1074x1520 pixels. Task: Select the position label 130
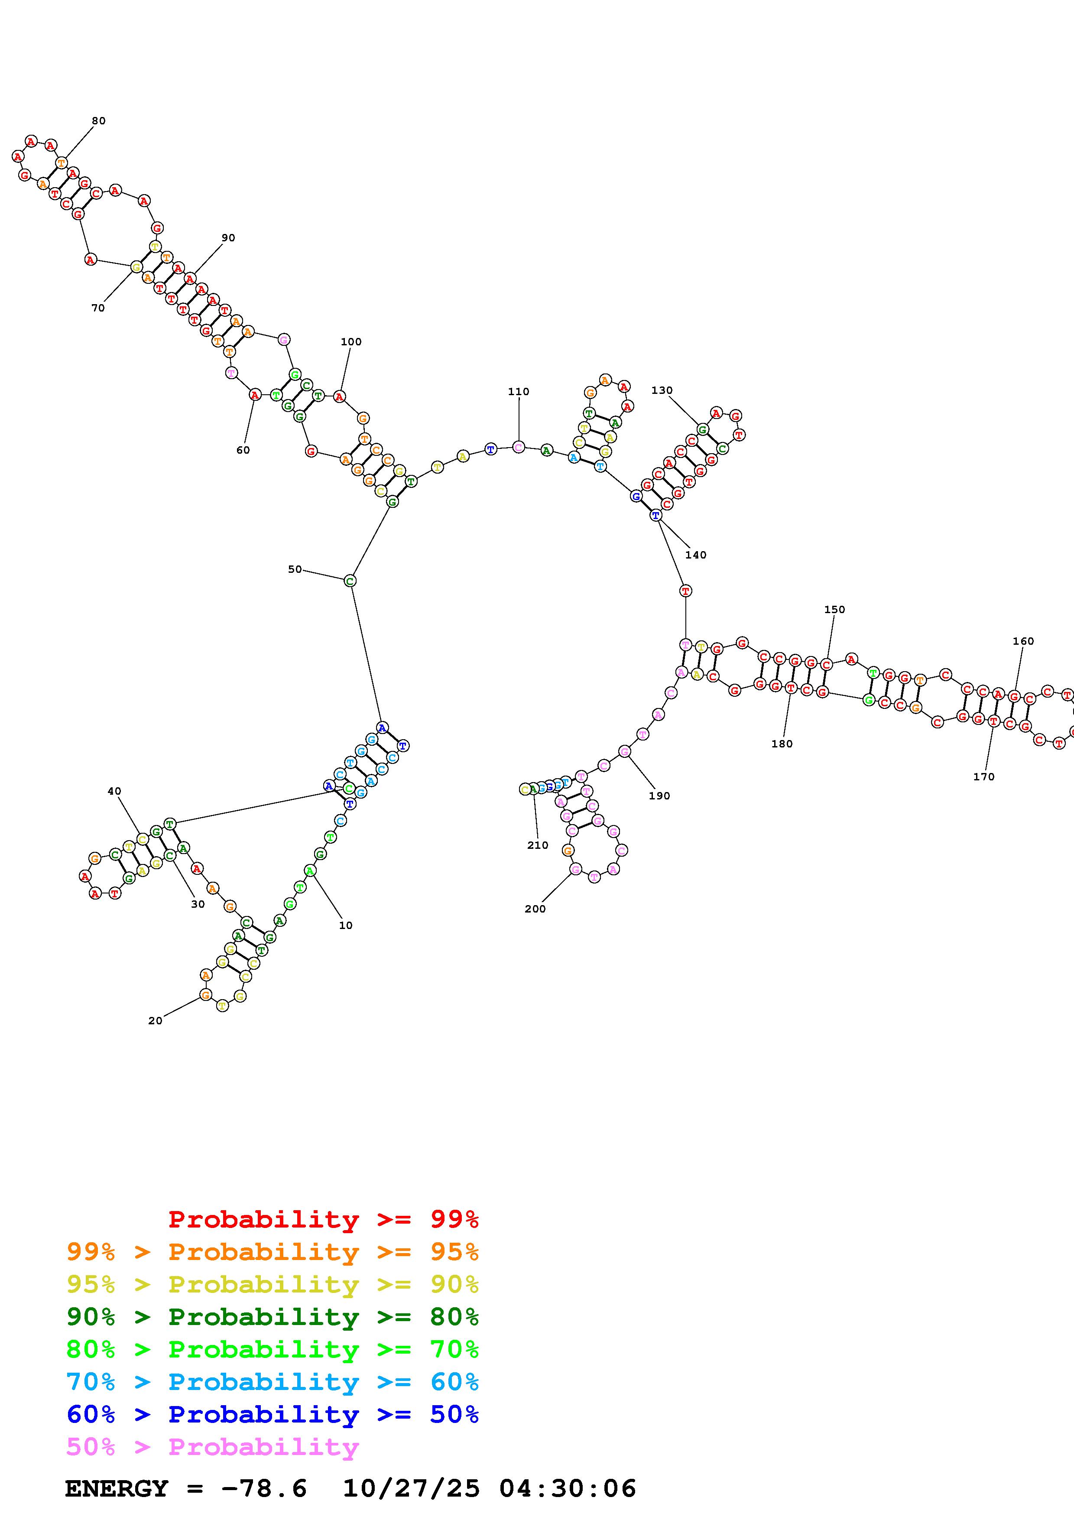point(662,390)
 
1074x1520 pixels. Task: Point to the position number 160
point(1023,641)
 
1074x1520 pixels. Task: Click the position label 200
point(535,909)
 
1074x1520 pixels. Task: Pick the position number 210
point(537,845)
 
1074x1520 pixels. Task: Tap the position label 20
point(155,1021)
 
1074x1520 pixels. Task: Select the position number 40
point(114,791)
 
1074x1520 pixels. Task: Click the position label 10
point(345,926)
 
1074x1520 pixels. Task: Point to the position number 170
point(983,776)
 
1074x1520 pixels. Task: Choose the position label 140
point(695,555)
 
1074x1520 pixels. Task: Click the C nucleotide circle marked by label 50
point(350,581)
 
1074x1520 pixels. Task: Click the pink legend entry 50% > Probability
point(212,1446)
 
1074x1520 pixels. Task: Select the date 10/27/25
point(410,1488)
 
